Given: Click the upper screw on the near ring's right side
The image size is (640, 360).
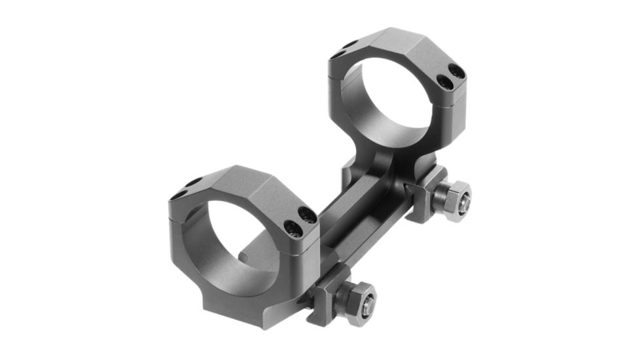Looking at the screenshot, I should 305,213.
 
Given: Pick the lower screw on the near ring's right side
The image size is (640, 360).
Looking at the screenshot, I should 293,228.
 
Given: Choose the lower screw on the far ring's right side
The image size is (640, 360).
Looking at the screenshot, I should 445,82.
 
